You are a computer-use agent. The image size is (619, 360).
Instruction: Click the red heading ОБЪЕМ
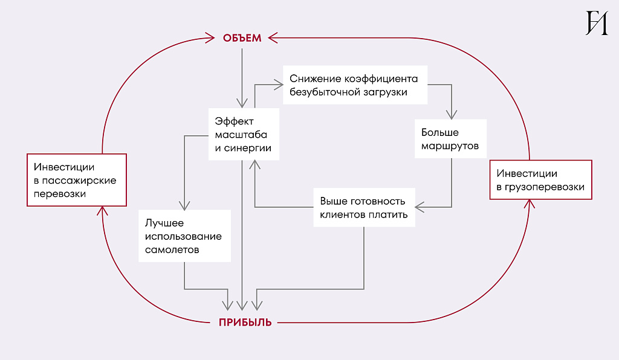point(242,38)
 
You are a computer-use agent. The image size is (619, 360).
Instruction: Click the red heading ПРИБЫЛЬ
point(245,323)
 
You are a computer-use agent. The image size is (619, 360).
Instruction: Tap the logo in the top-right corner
point(597,23)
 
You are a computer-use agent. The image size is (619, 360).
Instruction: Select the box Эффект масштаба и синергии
point(244,134)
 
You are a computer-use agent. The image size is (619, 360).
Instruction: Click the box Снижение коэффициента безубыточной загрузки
point(355,85)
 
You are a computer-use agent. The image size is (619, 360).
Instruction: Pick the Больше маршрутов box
point(450,139)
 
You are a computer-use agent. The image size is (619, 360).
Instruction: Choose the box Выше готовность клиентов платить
point(364,207)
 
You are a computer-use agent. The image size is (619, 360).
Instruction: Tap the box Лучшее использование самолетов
point(184,236)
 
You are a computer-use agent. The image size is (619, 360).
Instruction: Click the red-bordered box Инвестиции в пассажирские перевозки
point(77,180)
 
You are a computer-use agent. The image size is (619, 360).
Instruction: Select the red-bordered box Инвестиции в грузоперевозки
point(540,179)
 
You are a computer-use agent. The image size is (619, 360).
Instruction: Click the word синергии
point(247,148)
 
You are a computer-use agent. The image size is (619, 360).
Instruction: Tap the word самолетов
point(172,249)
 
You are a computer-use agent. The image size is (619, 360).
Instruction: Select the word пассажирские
point(79,181)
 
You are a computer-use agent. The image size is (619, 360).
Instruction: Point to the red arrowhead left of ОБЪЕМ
point(210,38)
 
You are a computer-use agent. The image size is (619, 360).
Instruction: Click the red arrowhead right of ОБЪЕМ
point(273,38)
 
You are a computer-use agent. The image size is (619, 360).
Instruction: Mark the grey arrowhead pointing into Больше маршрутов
point(451,115)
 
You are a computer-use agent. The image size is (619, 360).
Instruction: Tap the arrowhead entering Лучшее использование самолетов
point(184,205)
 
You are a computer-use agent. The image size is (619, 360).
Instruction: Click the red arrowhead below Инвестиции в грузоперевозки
point(530,204)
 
